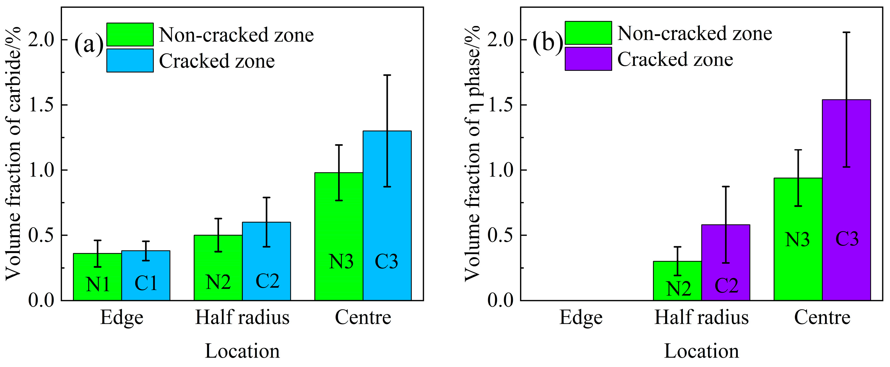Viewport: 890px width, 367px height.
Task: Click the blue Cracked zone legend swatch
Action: (x=130, y=60)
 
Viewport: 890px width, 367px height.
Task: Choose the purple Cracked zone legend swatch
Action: (x=588, y=59)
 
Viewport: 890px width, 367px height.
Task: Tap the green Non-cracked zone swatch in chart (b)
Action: (x=588, y=33)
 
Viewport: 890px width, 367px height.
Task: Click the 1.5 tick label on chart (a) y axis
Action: (x=42, y=105)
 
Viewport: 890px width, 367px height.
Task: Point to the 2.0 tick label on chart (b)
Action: (x=501, y=40)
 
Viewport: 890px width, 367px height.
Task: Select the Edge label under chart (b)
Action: (x=581, y=317)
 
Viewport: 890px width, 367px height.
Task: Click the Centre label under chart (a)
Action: (x=363, y=317)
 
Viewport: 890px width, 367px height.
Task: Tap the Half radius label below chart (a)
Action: (x=242, y=317)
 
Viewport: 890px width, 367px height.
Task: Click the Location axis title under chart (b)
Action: (x=701, y=351)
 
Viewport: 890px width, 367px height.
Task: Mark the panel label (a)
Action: (x=88, y=44)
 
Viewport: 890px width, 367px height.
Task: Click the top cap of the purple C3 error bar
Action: (x=846, y=32)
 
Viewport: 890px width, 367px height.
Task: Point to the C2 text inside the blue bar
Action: (x=267, y=281)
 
